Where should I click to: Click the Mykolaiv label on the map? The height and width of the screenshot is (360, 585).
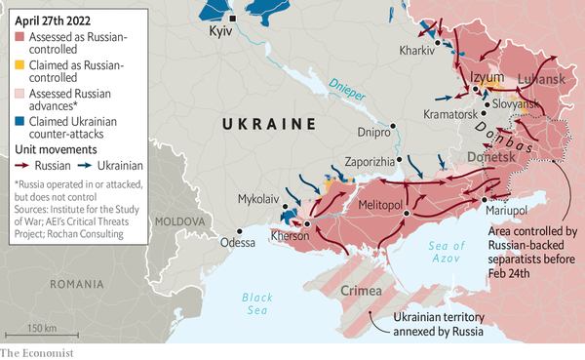point(259,199)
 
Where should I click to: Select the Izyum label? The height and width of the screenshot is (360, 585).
point(485,77)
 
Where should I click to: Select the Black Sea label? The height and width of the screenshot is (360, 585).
point(258,303)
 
